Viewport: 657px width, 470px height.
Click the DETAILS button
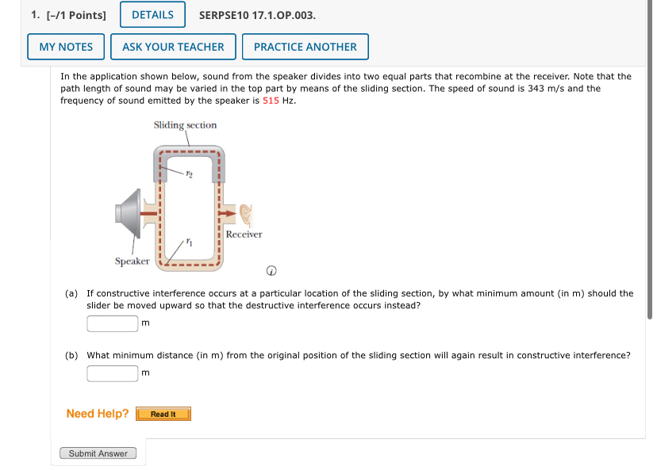click(x=152, y=14)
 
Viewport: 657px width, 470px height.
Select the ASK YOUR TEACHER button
click(x=173, y=47)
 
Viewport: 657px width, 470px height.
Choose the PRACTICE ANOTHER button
click(x=305, y=47)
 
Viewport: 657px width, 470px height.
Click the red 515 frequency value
click(x=271, y=101)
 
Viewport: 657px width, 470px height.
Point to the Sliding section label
click(x=185, y=125)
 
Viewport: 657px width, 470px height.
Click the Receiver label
click(x=244, y=235)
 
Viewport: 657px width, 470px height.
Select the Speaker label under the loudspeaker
click(x=132, y=261)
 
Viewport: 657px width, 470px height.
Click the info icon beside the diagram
click(x=271, y=271)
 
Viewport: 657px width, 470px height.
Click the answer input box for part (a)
click(x=113, y=323)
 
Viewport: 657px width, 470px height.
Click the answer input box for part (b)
click(x=113, y=373)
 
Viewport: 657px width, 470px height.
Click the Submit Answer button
click(x=98, y=453)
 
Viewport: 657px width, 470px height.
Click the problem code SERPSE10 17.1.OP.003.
click(x=258, y=14)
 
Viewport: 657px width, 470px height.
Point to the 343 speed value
click(x=536, y=89)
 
